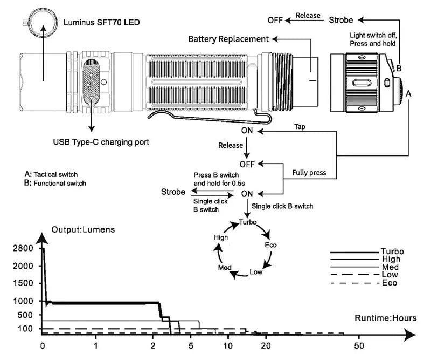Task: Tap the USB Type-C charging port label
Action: [x=101, y=142]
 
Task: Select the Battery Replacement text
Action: [x=228, y=39]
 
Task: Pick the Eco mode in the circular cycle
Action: [x=271, y=245]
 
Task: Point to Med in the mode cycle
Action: [x=225, y=268]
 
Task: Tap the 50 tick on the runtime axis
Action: [x=359, y=345]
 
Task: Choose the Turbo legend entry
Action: [x=392, y=251]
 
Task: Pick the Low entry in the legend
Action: [x=391, y=275]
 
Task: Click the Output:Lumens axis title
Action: [x=83, y=229]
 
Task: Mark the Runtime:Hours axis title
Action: [x=385, y=318]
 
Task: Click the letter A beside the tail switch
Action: [x=408, y=93]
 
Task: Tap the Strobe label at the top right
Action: [x=341, y=20]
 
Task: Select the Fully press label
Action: [x=309, y=173]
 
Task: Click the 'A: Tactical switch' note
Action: [x=51, y=175]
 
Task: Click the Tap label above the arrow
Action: [x=301, y=127]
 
